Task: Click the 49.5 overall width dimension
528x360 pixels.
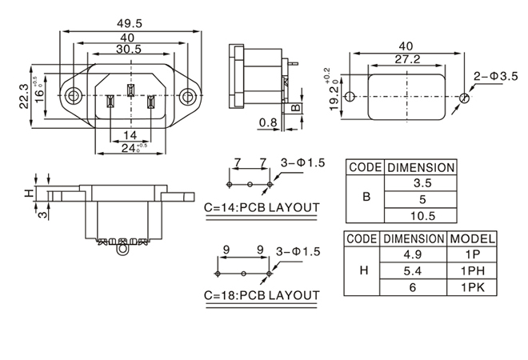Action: tap(129, 24)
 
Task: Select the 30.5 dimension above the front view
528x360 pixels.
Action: tap(128, 50)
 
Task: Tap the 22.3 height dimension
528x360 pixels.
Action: tap(24, 96)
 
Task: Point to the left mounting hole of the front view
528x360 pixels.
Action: tap(74, 97)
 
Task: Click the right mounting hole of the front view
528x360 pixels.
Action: tap(188, 97)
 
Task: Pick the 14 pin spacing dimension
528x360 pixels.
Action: tap(130, 134)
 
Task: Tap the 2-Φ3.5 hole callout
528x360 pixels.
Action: tap(496, 76)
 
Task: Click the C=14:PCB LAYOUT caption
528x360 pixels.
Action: tap(262, 208)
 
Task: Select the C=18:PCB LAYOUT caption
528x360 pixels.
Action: tap(262, 295)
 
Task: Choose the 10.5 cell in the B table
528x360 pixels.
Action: tap(422, 216)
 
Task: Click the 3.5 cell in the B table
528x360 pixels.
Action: tap(422, 183)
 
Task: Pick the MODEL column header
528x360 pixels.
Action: tap(473, 238)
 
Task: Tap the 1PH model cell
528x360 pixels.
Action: tap(473, 270)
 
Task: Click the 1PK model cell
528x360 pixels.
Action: tap(473, 286)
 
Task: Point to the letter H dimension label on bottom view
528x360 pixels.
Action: tap(28, 194)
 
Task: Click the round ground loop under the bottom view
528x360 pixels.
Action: tap(122, 250)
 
